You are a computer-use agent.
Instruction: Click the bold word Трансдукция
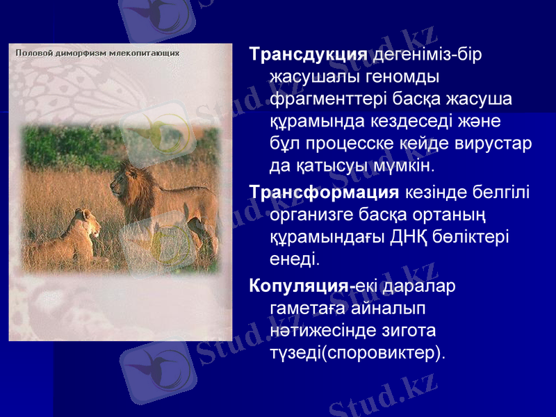point(308,54)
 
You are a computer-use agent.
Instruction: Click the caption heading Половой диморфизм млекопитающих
point(97,52)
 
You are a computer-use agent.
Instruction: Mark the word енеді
point(294,259)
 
